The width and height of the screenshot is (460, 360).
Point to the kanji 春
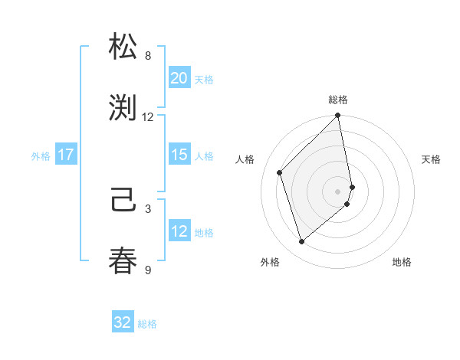click(123, 260)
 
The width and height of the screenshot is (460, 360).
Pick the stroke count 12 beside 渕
click(148, 116)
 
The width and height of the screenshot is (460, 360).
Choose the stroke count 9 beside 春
click(148, 270)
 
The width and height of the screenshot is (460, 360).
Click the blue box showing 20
click(179, 78)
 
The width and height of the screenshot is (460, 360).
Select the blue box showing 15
click(179, 155)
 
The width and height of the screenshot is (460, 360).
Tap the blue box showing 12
click(179, 231)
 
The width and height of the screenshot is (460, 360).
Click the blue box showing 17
click(66, 155)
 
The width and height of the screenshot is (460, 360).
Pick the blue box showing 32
click(123, 322)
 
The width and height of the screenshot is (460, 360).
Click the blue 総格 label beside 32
click(147, 324)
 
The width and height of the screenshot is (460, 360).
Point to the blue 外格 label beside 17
click(41, 155)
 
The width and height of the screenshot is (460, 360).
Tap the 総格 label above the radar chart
click(338, 100)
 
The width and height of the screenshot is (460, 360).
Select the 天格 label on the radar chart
click(431, 159)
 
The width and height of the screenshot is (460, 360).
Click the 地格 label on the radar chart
click(402, 262)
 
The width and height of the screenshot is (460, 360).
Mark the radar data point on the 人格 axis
click(280, 172)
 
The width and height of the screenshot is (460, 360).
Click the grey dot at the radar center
click(338, 191)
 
